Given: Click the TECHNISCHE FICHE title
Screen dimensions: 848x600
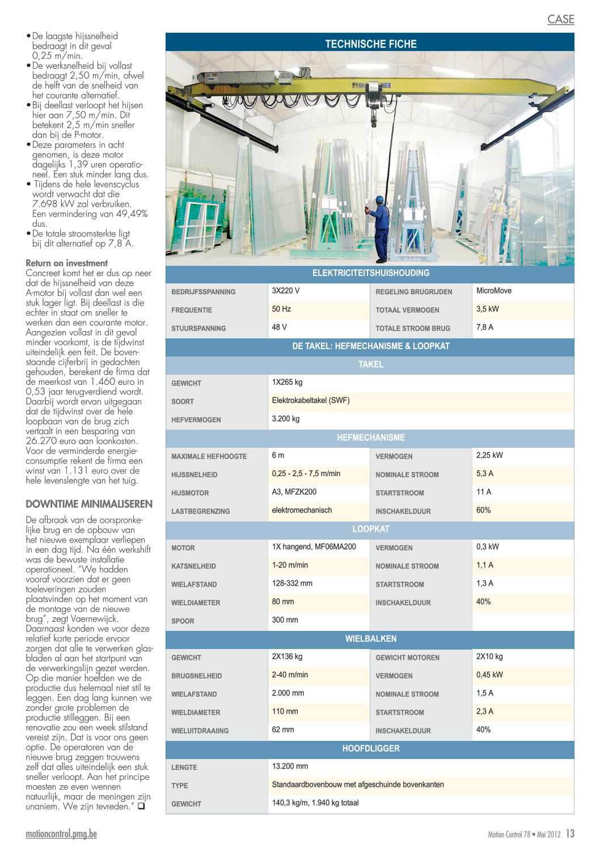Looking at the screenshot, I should (x=370, y=44).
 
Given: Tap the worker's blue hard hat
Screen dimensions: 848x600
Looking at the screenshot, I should (x=379, y=200).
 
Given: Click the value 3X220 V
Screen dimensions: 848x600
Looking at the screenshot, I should (x=285, y=291).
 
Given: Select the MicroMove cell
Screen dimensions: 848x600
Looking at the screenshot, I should (x=493, y=291).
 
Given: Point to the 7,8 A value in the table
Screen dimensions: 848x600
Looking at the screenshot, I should (x=484, y=327).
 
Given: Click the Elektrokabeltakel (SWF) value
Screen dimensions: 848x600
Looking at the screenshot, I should (x=310, y=400).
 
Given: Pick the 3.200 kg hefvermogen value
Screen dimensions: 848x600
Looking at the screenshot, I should (x=285, y=419).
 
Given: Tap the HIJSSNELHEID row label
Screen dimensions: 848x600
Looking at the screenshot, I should (x=194, y=475).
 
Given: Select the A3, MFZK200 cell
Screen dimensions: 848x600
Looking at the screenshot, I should (x=294, y=492).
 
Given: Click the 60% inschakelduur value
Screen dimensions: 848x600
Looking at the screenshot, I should (x=483, y=510).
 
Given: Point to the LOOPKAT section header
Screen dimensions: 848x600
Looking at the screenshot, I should (x=370, y=529).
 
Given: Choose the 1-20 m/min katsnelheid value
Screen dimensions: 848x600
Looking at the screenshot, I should (x=290, y=565).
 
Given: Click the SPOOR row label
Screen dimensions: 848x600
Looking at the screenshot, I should (x=183, y=621).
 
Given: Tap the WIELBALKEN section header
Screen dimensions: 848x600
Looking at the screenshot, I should (x=370, y=639).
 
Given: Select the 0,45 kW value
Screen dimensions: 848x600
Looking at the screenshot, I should (x=489, y=675).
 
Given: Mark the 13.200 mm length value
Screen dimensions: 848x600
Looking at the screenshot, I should (x=290, y=766).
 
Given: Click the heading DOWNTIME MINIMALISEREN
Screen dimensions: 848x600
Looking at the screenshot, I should (x=89, y=504).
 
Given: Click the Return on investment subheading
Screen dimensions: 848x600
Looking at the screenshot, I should (x=66, y=263).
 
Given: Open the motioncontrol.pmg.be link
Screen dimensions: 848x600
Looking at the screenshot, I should (x=61, y=834).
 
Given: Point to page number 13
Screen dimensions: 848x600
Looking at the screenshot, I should (x=570, y=834).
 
